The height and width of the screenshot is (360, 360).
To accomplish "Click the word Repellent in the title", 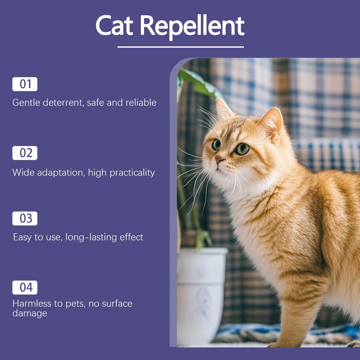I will pyautogui.click(x=192, y=26).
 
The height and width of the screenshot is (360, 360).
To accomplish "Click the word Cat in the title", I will pyautogui.click(x=114, y=26).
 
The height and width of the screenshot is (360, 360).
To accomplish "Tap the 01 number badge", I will pyautogui.click(x=25, y=84).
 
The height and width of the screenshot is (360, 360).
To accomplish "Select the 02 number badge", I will pyautogui.click(x=25, y=153).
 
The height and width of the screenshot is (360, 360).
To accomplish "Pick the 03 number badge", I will pyautogui.click(x=25, y=218).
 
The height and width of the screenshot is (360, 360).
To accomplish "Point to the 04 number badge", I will pyautogui.click(x=25, y=287).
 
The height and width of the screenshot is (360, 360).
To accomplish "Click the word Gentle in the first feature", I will pyautogui.click(x=26, y=103).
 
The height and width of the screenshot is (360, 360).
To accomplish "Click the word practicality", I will pyautogui.click(x=132, y=173).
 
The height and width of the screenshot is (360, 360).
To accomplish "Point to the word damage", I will pyautogui.click(x=30, y=313).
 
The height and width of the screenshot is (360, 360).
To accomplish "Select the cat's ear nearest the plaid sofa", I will pyautogui.click(x=272, y=121).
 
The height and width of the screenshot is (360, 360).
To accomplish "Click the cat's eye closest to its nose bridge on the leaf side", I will pyautogui.click(x=216, y=144).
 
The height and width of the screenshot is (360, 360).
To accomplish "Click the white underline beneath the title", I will pyautogui.click(x=180, y=47).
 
